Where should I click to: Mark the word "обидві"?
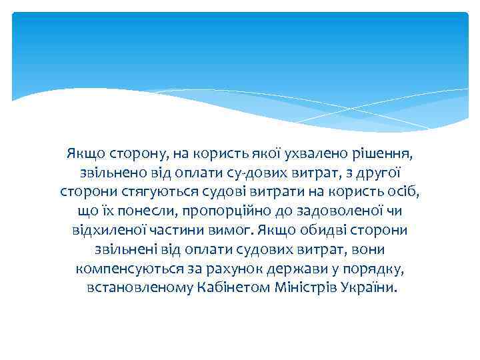point(316,231)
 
